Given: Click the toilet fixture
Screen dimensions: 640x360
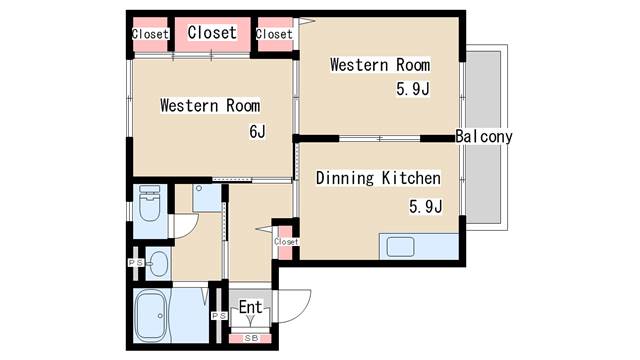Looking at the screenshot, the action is click(149, 203).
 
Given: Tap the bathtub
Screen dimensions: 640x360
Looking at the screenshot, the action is click(150, 315).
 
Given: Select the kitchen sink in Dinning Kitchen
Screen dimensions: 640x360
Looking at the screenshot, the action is click(400, 247).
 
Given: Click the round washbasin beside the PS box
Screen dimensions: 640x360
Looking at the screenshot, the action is click(158, 264).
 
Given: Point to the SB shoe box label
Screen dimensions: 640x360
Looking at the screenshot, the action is click(251, 338).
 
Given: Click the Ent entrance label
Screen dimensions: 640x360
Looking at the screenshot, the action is click(250, 307).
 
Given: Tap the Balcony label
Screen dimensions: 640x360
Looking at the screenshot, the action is click(484, 136).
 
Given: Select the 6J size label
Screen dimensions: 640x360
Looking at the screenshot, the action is click(257, 131).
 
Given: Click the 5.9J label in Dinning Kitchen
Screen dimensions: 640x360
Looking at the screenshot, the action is click(425, 206).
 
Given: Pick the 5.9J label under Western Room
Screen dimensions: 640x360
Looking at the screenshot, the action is click(413, 89).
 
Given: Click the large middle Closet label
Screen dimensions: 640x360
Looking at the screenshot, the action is click(212, 32).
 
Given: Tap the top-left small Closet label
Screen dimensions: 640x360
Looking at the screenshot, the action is click(150, 34).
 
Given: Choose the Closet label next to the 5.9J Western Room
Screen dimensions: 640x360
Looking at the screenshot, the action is click(274, 34).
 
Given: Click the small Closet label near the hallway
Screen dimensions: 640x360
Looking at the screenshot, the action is click(286, 242).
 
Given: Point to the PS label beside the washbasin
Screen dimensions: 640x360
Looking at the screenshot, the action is click(136, 263).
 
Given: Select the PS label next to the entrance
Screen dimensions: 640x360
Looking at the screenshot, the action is click(219, 316).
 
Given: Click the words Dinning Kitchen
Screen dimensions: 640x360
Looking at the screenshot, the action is click(378, 178).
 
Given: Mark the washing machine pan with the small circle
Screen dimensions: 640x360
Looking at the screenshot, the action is click(207, 198).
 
